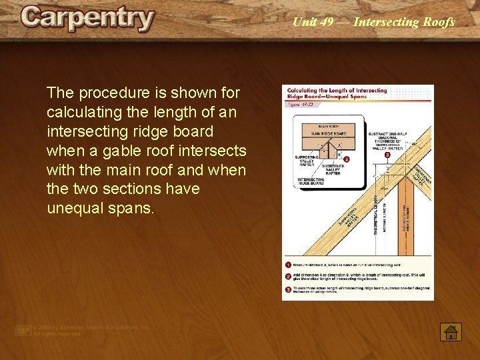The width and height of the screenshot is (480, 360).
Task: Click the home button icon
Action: tap(451, 331)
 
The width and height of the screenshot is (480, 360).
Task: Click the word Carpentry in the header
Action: tap(87, 19)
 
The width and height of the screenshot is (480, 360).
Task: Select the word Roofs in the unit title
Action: tap(439, 22)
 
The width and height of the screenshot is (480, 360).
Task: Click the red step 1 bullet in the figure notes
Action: tap(288, 265)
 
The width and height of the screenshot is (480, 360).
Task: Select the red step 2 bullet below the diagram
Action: tap(288, 276)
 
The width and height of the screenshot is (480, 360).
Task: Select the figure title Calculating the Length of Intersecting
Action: tap(337, 90)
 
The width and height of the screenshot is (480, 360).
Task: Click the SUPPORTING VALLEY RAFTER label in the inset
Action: tap(307, 162)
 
